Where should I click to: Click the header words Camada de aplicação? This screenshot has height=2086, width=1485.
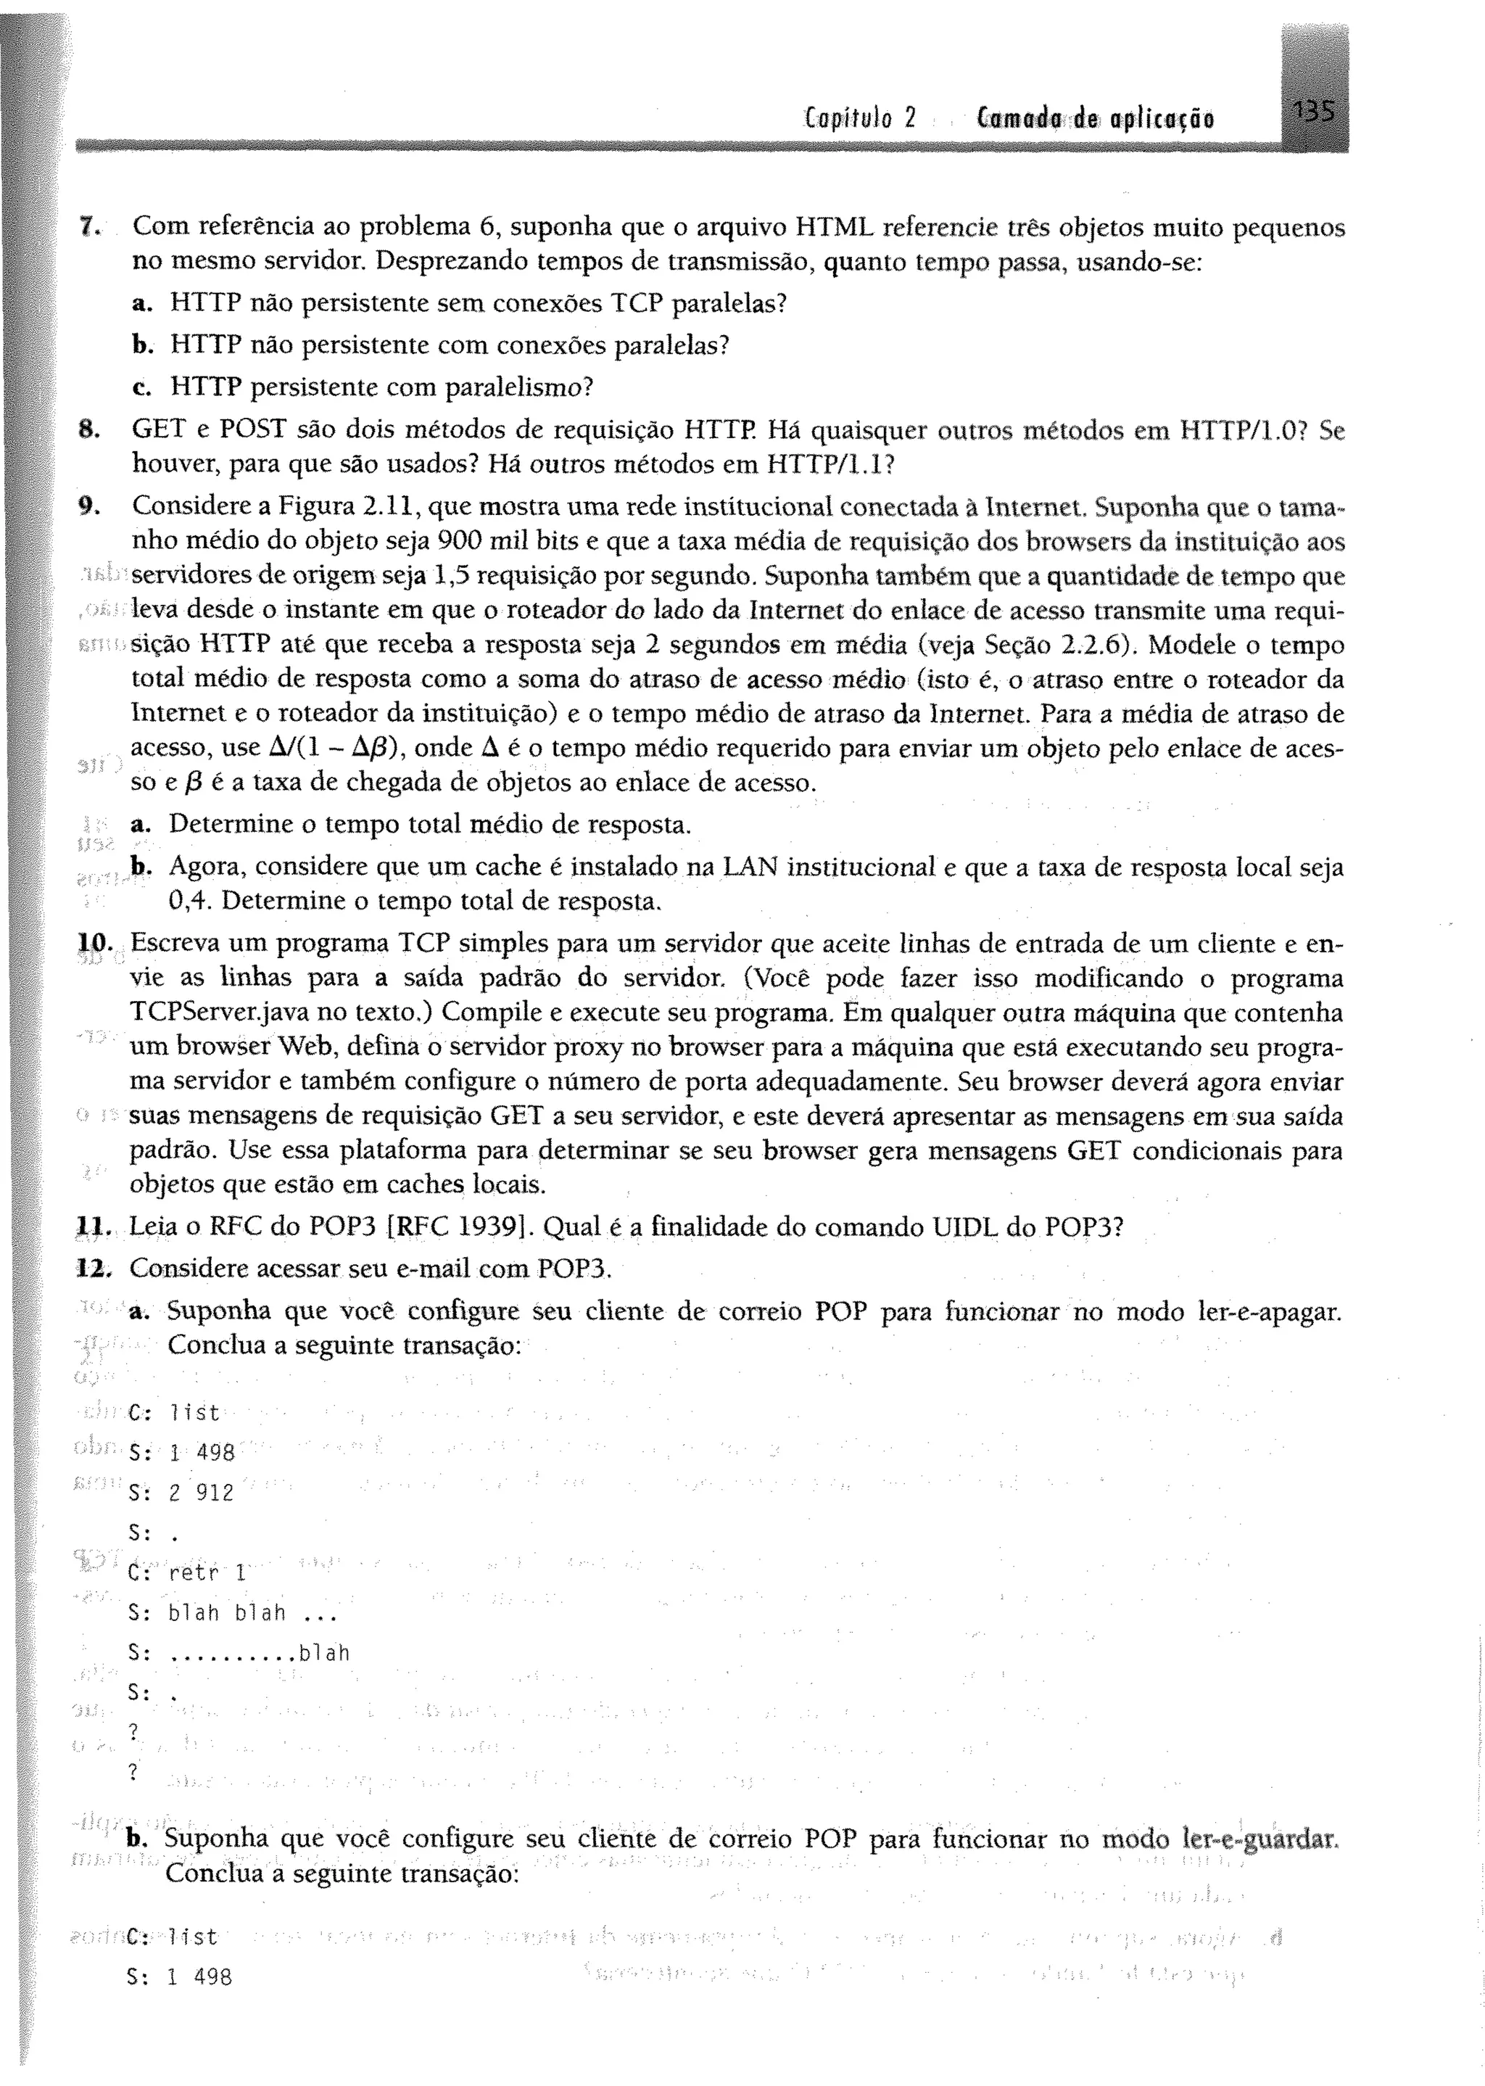1096,119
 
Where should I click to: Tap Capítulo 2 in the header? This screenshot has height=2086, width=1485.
861,119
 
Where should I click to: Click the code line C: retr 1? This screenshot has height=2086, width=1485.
188,1573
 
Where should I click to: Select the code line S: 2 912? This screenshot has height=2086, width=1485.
182,1493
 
